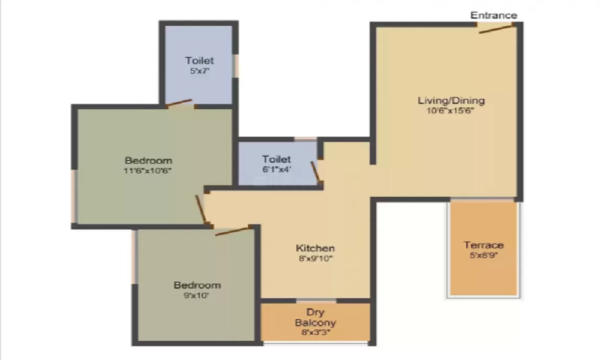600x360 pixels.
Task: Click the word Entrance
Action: pos(494,16)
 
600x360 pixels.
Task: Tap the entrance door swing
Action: pos(496,29)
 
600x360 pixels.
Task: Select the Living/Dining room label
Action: pos(451,101)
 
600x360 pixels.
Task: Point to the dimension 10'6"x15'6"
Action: pos(451,111)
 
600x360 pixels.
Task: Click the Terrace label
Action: pos(484,245)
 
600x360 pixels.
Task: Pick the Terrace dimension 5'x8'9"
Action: pos(484,255)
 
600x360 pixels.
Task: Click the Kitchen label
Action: pos(316,248)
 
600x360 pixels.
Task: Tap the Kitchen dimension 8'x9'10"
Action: pos(316,258)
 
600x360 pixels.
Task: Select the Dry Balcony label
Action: pos(316,317)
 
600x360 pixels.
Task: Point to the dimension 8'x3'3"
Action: pos(316,332)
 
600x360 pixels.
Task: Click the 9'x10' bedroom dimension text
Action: pos(196,295)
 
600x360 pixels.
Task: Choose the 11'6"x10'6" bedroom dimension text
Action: pos(148,170)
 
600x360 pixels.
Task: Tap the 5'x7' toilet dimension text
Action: pos(200,71)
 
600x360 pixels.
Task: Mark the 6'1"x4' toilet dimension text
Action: pos(277,169)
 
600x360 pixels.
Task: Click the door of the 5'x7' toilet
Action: pos(179,103)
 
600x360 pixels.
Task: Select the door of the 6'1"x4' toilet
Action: pos(316,172)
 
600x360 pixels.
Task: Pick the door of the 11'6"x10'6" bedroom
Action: pos(201,209)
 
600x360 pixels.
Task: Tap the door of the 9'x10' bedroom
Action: pos(233,231)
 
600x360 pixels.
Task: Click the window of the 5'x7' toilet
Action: pos(236,66)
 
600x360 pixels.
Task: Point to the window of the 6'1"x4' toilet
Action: pos(305,139)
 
